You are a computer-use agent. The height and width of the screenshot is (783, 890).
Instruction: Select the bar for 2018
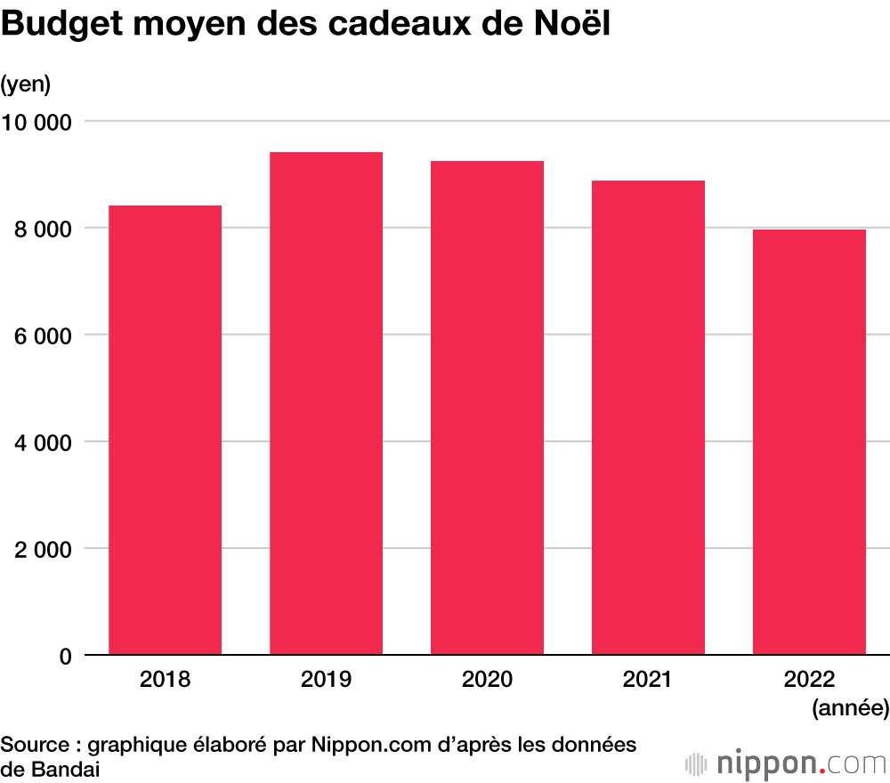(165, 431)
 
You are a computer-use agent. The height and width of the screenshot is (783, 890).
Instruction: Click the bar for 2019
(326, 404)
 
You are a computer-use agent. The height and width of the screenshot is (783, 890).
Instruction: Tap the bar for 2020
(487, 408)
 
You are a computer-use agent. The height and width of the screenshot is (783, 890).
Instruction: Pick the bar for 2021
(648, 418)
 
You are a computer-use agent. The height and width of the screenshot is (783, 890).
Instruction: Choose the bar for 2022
(809, 442)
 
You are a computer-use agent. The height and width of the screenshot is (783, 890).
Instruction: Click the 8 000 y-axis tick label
(42, 229)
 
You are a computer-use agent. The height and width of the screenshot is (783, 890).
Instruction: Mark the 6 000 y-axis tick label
(42, 335)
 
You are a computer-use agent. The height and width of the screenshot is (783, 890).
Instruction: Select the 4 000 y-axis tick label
(42, 442)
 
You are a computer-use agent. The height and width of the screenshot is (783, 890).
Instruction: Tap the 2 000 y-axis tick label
(42, 549)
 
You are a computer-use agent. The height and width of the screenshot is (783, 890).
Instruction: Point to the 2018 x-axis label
(165, 681)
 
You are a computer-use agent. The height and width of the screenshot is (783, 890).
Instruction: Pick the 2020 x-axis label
(487, 681)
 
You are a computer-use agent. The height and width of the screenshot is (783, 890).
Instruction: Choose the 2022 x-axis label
(809, 681)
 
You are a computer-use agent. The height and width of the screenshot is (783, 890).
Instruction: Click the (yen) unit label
(26, 85)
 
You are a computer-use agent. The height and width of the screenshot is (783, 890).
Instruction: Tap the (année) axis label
(850, 708)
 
